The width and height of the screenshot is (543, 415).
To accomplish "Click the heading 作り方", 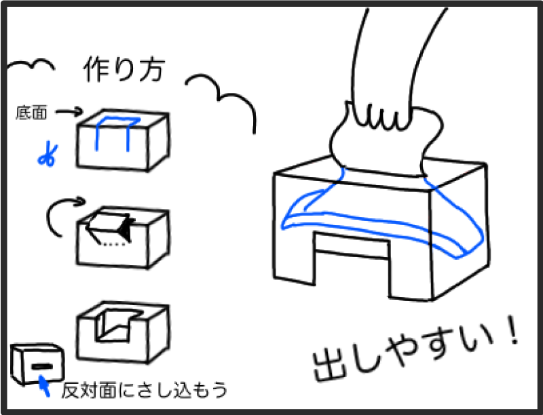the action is point(124,70).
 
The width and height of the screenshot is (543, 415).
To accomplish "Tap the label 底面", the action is point(31,113).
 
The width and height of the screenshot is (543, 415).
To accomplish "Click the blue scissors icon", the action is point(48,154).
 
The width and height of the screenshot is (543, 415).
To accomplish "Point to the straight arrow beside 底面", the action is point(69,112).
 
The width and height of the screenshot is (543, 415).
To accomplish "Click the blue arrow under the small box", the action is point(43,385).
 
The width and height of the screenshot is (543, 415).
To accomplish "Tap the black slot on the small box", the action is point(41,366).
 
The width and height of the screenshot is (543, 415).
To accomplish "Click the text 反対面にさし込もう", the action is point(145,390).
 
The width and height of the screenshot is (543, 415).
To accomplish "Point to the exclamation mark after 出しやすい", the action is point(512,330).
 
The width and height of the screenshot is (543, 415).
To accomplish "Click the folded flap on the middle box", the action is point(110,226).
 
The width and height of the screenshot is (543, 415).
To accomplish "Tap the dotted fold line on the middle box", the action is point(115,244).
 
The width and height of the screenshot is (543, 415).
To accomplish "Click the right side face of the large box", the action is point(459,230).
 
